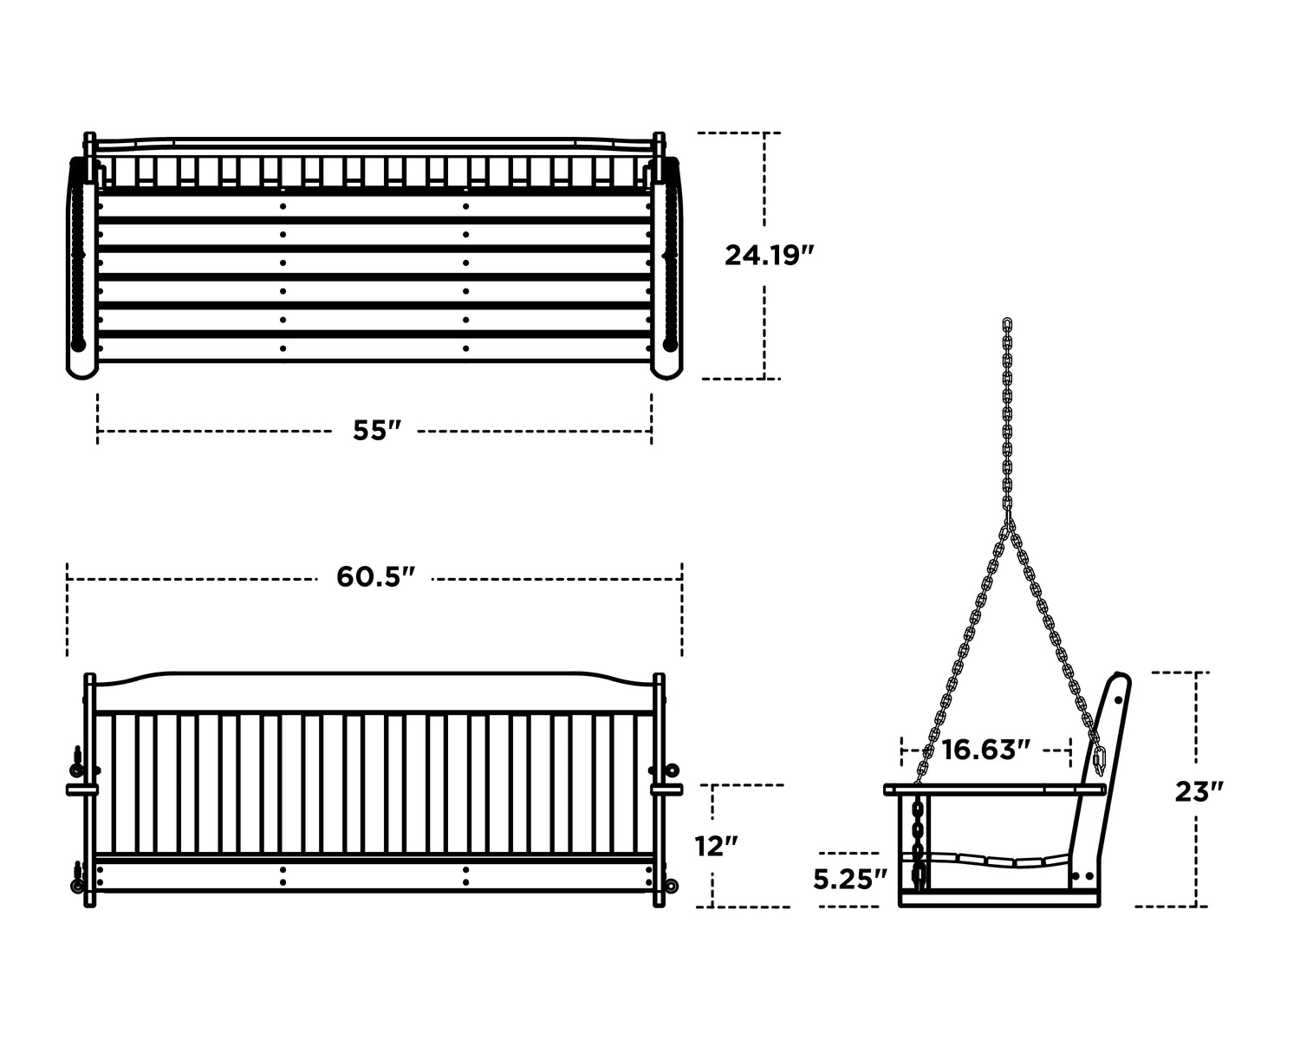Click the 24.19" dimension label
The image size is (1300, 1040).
pos(769,255)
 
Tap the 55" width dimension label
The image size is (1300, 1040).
pos(377,430)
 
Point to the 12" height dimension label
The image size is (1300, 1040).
pos(717,847)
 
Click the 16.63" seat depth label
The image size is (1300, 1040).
pos(985,750)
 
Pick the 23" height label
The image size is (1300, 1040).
pos(1199,791)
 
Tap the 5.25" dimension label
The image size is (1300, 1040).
pos(850,880)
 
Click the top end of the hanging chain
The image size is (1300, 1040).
pos(1007,322)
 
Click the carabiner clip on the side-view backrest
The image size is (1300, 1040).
pos(1100,760)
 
